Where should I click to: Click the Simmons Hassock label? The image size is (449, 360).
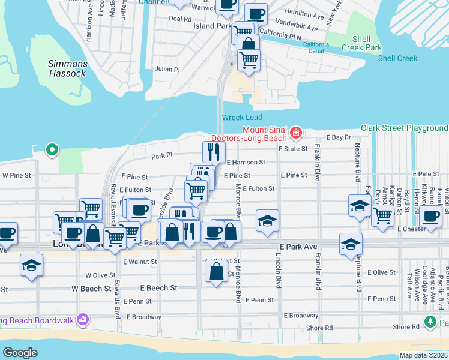(x=68, y=68)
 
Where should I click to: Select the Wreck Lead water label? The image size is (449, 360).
(x=242, y=118)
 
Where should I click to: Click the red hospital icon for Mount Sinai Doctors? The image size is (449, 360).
(x=295, y=132)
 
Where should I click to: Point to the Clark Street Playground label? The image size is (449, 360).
(x=404, y=128)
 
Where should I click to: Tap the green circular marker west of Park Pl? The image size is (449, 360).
(x=52, y=149)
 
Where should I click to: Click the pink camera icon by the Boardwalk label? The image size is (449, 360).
(x=83, y=320)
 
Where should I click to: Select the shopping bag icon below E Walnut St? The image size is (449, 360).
(x=216, y=272)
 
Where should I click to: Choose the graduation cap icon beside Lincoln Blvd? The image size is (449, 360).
(x=267, y=221)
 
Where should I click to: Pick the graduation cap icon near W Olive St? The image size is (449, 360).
(x=31, y=265)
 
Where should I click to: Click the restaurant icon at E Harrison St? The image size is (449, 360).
(x=212, y=151)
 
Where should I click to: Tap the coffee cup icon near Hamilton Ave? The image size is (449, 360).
(x=256, y=13)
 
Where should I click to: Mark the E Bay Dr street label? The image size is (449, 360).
(x=338, y=137)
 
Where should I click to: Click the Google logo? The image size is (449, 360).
(x=20, y=352)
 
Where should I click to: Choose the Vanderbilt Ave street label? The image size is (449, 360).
(x=297, y=28)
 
